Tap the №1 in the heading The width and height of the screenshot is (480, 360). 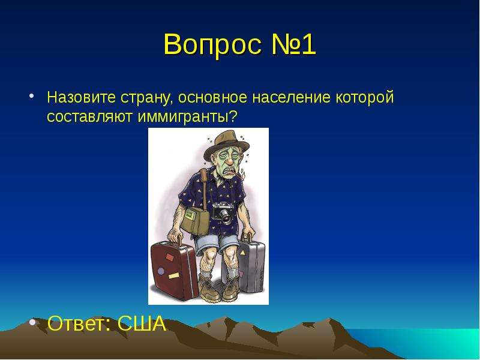point(293,44)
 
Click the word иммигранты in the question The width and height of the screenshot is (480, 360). point(184,116)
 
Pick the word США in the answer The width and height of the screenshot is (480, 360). point(142,323)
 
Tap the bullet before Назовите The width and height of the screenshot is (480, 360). point(31,95)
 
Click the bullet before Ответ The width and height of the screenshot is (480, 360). point(32,322)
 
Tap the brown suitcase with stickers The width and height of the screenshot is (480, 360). point(173,269)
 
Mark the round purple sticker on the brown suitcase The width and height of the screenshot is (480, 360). point(161,271)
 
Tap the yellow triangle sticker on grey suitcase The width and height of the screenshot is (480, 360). point(243,253)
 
